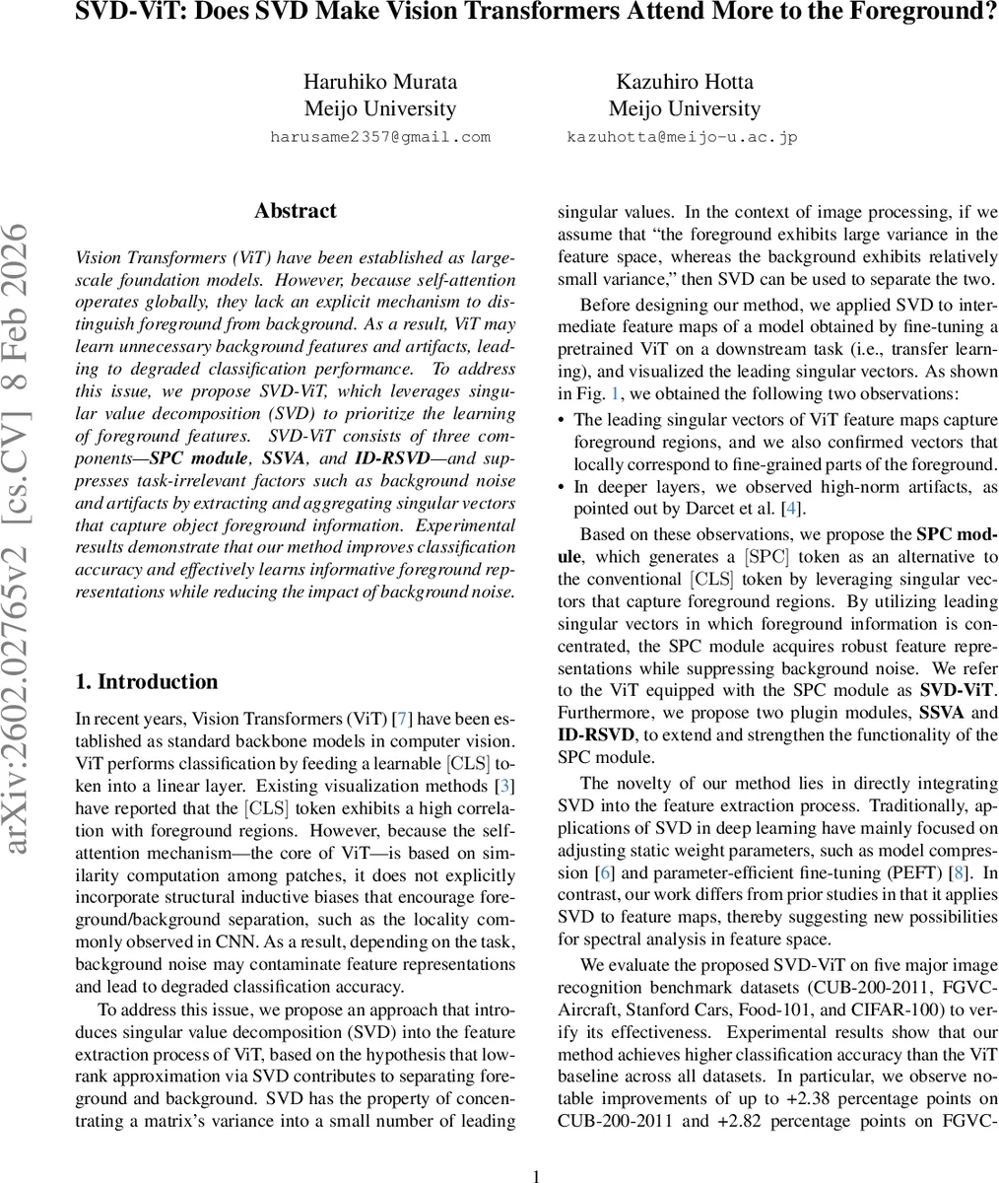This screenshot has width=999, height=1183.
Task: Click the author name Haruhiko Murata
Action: click(379, 81)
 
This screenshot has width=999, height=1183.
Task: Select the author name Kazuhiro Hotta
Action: click(684, 81)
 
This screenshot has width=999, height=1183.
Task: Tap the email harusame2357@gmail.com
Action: click(379, 137)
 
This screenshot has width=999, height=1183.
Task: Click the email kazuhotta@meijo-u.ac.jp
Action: click(682, 137)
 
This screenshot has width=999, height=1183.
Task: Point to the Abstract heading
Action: click(295, 211)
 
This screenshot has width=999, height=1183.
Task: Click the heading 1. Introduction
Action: click(147, 681)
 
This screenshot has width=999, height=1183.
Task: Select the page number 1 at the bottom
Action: click(536, 1175)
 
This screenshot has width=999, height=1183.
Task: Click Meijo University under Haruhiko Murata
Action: click(379, 108)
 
